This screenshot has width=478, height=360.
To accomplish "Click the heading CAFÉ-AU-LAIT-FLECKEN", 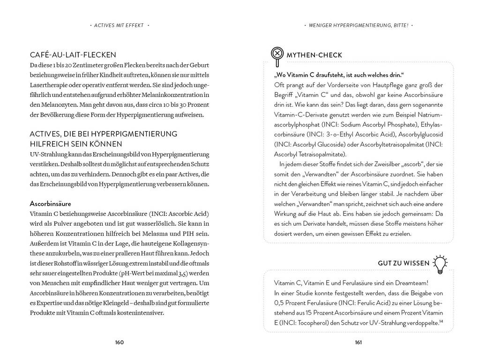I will point(73,55).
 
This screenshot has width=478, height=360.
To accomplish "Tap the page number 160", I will point(119,342).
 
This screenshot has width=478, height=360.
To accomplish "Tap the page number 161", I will point(358,342).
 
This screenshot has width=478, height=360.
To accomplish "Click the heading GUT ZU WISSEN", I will point(403,263).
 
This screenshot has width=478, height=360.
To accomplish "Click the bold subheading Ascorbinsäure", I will point(50,204).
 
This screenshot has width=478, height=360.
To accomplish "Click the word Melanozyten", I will point(48,105).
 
